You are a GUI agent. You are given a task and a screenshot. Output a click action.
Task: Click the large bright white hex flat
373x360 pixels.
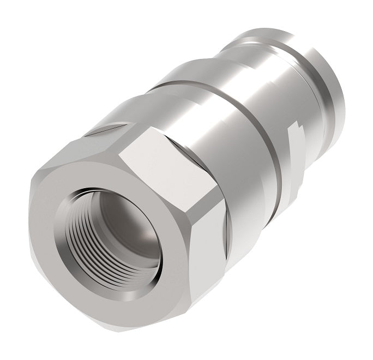[164, 175]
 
